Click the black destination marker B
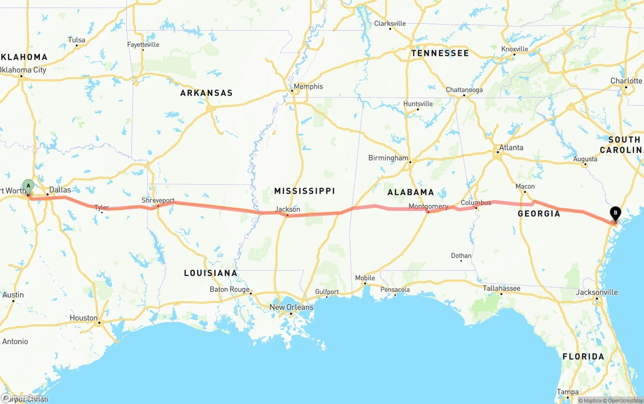tap(615, 213)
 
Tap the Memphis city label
tap(308, 87)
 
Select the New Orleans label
tap(291, 307)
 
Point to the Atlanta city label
tap(511, 147)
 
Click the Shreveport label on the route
tap(158, 200)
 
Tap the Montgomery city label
tap(428, 206)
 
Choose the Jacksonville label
tap(597, 292)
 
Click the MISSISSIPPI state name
tap(304, 191)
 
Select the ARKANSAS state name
tap(206, 93)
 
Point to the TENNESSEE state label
tap(440, 53)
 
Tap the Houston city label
tap(84, 317)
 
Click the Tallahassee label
tap(502, 288)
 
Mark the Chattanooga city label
tap(464, 90)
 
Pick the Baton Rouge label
tap(229, 289)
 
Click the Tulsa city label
tap(76, 40)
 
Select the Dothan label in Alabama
tap(461, 256)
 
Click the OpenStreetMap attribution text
tap(624, 400)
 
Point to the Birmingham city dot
tap(410, 162)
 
